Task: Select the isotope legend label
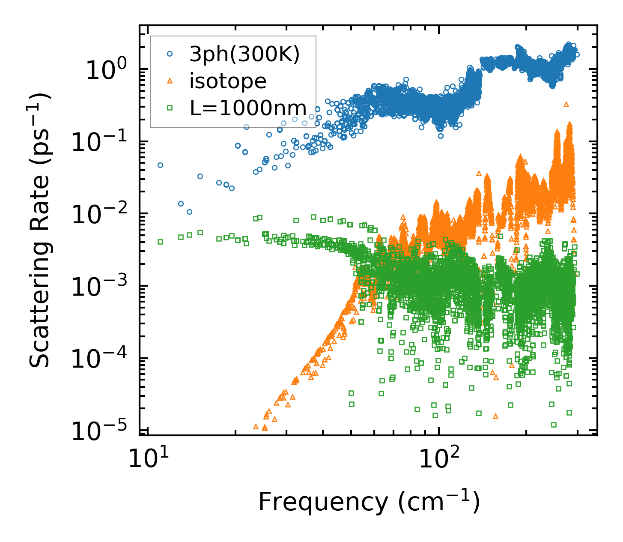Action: pyautogui.click(x=228, y=81)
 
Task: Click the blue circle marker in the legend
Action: pyautogui.click(x=170, y=54)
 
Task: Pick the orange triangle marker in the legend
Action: pyautogui.click(x=170, y=81)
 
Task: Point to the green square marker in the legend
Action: pyautogui.click(x=170, y=108)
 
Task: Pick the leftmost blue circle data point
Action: pyautogui.click(x=160, y=165)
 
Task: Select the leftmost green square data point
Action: pyautogui.click(x=160, y=242)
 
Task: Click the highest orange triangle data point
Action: pyautogui.click(x=566, y=104)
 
